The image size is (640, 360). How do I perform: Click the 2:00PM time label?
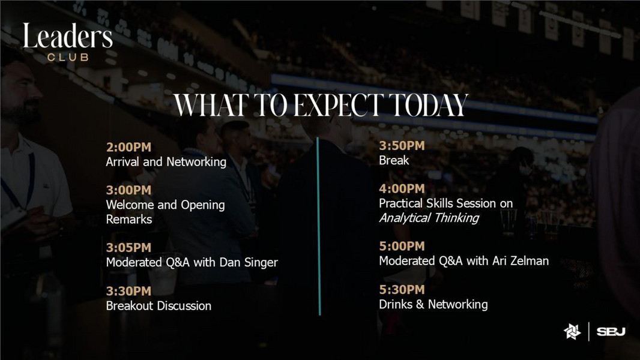(x=128, y=147)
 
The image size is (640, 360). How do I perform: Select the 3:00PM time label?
(x=128, y=190)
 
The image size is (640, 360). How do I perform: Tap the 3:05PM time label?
(x=128, y=247)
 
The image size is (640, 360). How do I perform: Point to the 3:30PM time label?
(x=128, y=291)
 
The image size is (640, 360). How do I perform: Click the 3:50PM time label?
(x=402, y=146)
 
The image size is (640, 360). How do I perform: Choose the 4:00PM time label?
(x=402, y=189)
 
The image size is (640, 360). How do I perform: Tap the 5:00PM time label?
(x=402, y=246)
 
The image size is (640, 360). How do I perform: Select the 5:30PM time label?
(x=402, y=289)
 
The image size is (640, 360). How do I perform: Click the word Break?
(x=394, y=160)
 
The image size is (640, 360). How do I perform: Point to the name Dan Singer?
(x=249, y=263)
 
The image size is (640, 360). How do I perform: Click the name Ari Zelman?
(x=521, y=261)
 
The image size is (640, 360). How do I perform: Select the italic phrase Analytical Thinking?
(x=429, y=218)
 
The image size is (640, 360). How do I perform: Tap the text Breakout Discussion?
(x=158, y=306)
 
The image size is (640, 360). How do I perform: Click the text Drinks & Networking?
(x=433, y=305)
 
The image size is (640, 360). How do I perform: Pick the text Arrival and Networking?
(x=166, y=162)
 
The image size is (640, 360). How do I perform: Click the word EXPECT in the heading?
(x=339, y=105)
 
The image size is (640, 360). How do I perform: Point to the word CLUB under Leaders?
(x=68, y=58)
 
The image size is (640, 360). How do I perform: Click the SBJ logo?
(x=611, y=332)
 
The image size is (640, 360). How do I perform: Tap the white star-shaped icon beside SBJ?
(x=572, y=331)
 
